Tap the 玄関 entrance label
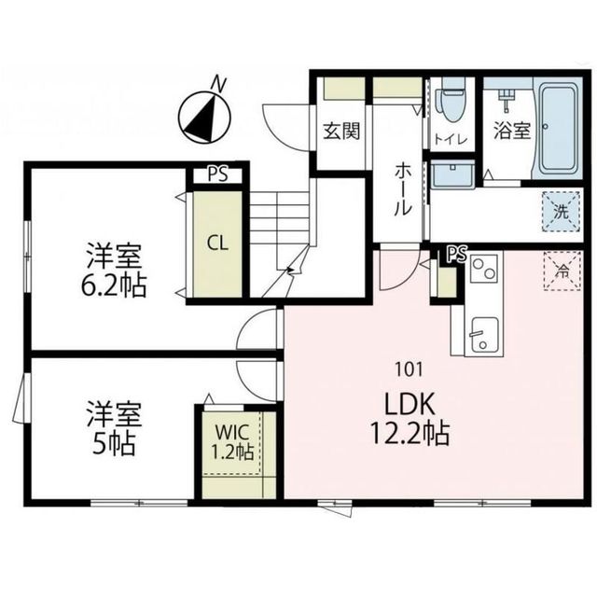coord(342,132)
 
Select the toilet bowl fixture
coord(452,104)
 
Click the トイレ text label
coord(448,140)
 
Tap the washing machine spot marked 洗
coord(561,211)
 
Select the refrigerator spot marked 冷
coord(562,271)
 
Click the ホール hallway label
coord(402,189)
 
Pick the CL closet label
coord(217,244)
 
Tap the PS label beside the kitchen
coord(456,253)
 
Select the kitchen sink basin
coord(484,332)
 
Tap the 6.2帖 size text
coord(114,285)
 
